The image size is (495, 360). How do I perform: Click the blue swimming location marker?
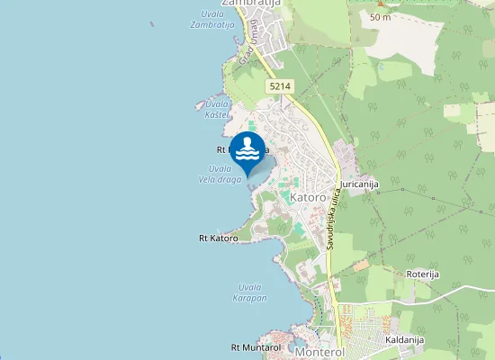point(247,150)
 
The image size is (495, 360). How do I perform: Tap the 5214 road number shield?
point(278,85)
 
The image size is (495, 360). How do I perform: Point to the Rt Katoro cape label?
point(218,238)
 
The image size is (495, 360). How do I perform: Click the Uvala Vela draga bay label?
point(220,174)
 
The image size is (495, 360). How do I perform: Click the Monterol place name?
point(319,353)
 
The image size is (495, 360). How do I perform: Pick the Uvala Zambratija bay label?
point(212,20)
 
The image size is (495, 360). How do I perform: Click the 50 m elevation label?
point(379,17)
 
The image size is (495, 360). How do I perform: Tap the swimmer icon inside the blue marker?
point(247,147)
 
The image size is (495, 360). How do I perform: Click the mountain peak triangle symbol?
point(381,4)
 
